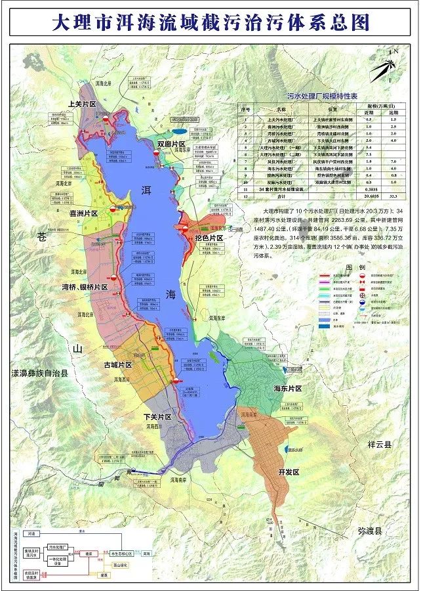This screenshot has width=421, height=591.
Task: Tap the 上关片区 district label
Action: click(x=82, y=104)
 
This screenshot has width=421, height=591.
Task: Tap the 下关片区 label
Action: click(x=157, y=417)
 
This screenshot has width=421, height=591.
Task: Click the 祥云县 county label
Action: click(x=379, y=444)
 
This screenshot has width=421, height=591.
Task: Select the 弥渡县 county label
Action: click(x=361, y=528)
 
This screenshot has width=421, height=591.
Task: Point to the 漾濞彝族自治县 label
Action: click(x=39, y=372)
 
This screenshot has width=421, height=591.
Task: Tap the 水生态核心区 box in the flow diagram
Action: click(x=121, y=554)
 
